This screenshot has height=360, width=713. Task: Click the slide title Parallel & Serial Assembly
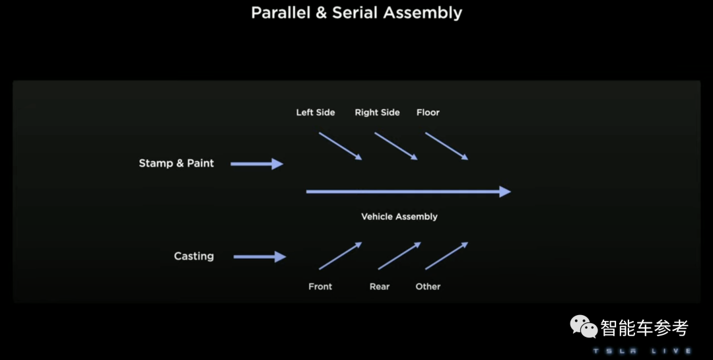[x=356, y=13]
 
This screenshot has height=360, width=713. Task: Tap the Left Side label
[x=315, y=112]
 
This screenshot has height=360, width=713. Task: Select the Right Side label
[x=377, y=112]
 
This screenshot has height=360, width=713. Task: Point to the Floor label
[x=428, y=112]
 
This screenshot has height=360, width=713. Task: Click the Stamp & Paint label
[x=176, y=163]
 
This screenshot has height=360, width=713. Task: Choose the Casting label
[x=193, y=256]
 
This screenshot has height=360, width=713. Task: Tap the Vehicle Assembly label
[x=399, y=217]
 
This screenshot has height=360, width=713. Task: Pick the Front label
[x=320, y=287]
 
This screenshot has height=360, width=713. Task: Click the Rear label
[x=380, y=287]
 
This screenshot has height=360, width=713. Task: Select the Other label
[x=428, y=287]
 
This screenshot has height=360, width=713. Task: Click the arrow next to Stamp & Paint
[x=257, y=164]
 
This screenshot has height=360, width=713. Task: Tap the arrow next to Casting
[x=259, y=256]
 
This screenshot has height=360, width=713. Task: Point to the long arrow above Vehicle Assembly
[x=408, y=192]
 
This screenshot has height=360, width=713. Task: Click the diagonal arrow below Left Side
[x=340, y=146]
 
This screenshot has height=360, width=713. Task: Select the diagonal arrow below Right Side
[x=395, y=146]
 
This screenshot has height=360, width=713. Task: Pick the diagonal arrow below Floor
[x=446, y=146]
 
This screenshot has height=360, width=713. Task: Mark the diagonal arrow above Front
[x=340, y=256]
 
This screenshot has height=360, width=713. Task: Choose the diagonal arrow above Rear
[x=399, y=256]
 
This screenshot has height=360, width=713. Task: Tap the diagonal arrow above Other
[x=446, y=256]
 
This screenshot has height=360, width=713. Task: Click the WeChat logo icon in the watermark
[x=584, y=326]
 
